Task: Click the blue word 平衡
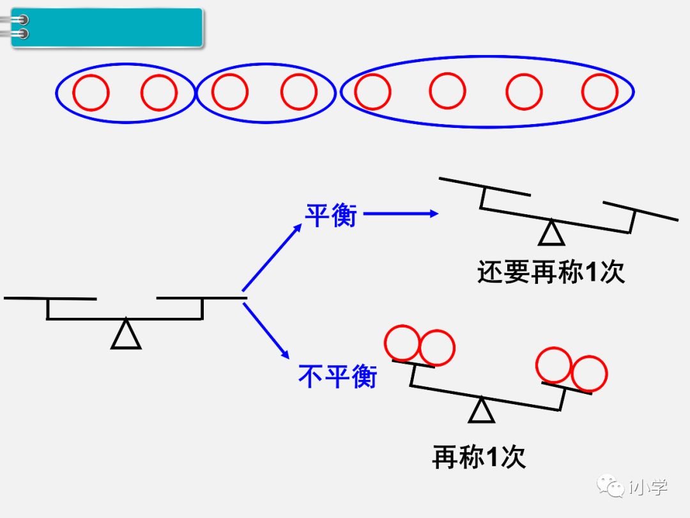coord(330,216)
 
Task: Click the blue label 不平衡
coord(337,376)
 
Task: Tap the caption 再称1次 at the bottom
coord(479,457)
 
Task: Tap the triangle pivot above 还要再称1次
coord(551,233)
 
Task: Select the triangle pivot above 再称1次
coord(481,410)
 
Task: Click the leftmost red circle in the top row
coord(91,93)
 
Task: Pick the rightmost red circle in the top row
coord(599,91)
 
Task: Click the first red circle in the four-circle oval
coord(372,91)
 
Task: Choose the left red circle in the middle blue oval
coord(230,92)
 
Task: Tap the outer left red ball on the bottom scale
coord(403,343)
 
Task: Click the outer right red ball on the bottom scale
coord(589,373)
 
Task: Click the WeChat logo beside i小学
coord(611,487)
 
